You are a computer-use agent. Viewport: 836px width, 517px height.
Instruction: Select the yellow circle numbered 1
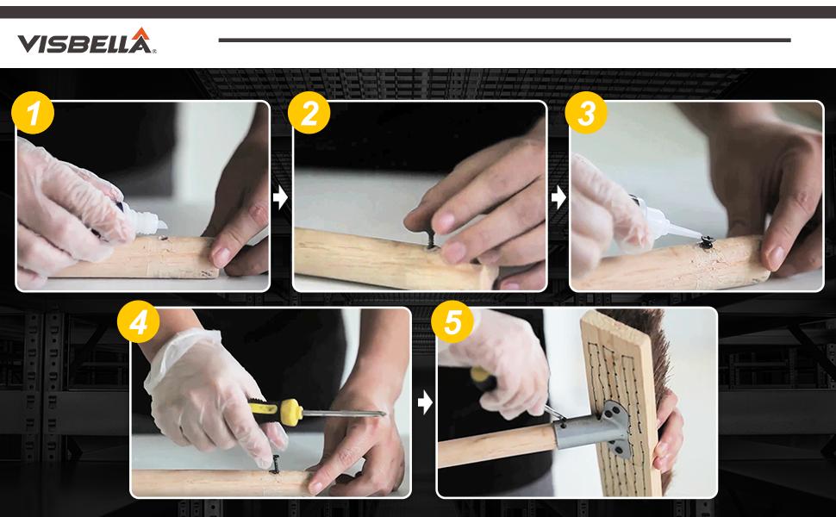pyautogui.click(x=33, y=113)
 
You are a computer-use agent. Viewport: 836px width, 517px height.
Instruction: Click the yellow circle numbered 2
pyautogui.click(x=309, y=113)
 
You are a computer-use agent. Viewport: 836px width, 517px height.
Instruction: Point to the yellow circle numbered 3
pyautogui.click(x=586, y=113)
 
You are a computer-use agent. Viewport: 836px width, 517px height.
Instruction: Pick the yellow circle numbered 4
pyautogui.click(x=138, y=321)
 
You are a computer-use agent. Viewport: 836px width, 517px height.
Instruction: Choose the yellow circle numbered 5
pyautogui.click(x=452, y=321)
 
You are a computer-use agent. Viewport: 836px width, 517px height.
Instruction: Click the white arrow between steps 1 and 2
pyautogui.click(x=280, y=197)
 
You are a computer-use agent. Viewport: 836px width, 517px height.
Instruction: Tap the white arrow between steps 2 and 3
pyautogui.click(x=558, y=197)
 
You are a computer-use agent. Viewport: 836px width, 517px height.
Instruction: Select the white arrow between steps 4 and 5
pyautogui.click(x=425, y=403)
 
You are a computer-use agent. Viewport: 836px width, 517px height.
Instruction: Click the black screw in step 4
pyautogui.click(x=276, y=464)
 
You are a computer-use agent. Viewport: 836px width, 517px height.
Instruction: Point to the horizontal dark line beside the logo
pyautogui.click(x=504, y=40)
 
